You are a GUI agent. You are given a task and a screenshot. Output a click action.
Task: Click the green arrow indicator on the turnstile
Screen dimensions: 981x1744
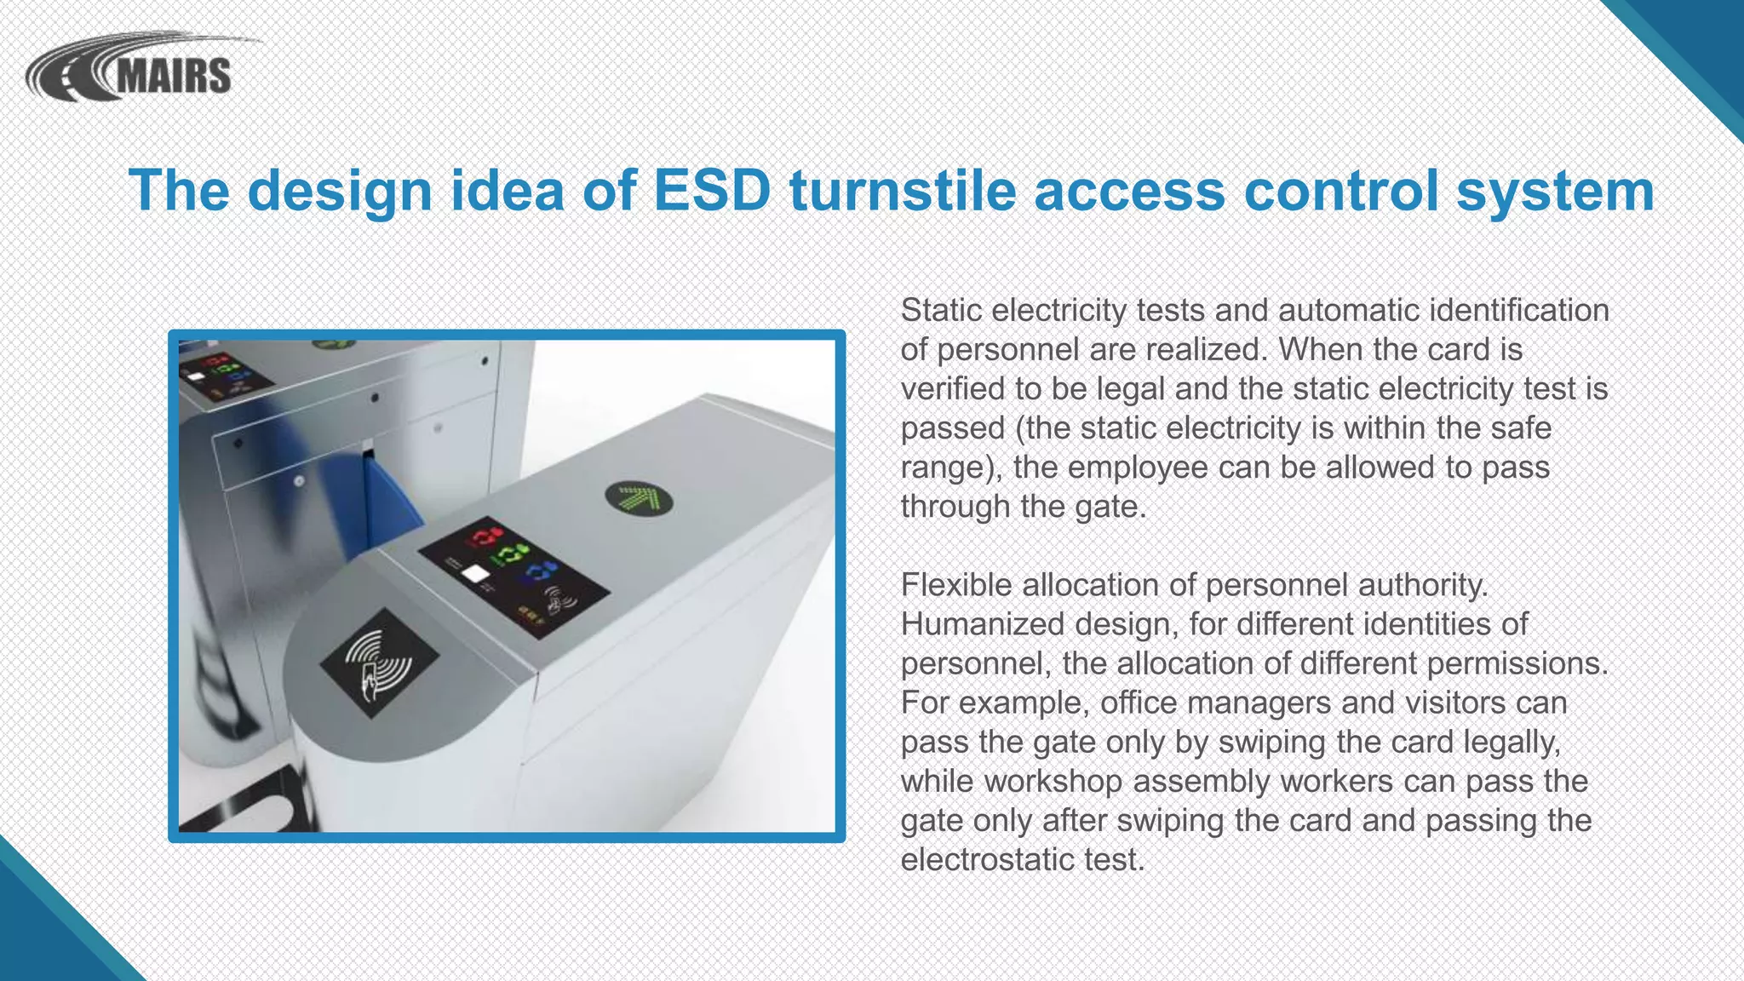pyautogui.click(x=639, y=498)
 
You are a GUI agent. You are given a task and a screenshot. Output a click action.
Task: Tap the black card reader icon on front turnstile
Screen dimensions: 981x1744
pyautogui.click(x=380, y=663)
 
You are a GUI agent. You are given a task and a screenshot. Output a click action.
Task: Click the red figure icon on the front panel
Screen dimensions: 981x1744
pyautogui.click(x=485, y=537)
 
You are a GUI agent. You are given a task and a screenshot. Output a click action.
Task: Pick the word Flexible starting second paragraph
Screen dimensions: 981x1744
pyautogui.click(x=956, y=585)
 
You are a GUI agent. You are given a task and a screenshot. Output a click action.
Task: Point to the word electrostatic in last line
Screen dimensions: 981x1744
pyautogui.click(x=987, y=859)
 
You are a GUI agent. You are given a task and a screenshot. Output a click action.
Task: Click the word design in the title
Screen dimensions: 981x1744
pyautogui.click(x=340, y=192)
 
